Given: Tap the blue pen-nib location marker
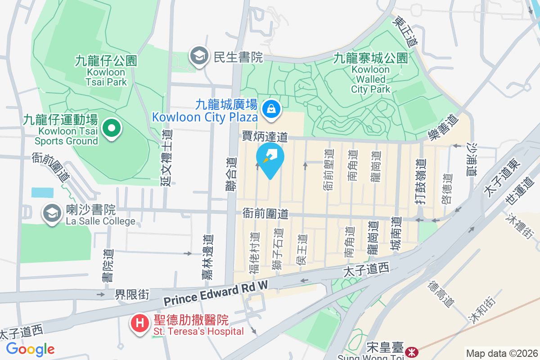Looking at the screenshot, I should (270, 158).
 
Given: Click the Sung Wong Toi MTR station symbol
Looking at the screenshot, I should (410, 351).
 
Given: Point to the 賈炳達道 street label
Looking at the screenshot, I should (264, 135).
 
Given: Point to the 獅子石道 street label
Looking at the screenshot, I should (278, 249).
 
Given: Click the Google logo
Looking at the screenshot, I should (31, 349).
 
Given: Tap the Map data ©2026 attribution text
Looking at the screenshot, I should (501, 354).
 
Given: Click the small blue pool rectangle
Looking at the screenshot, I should (42, 193).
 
